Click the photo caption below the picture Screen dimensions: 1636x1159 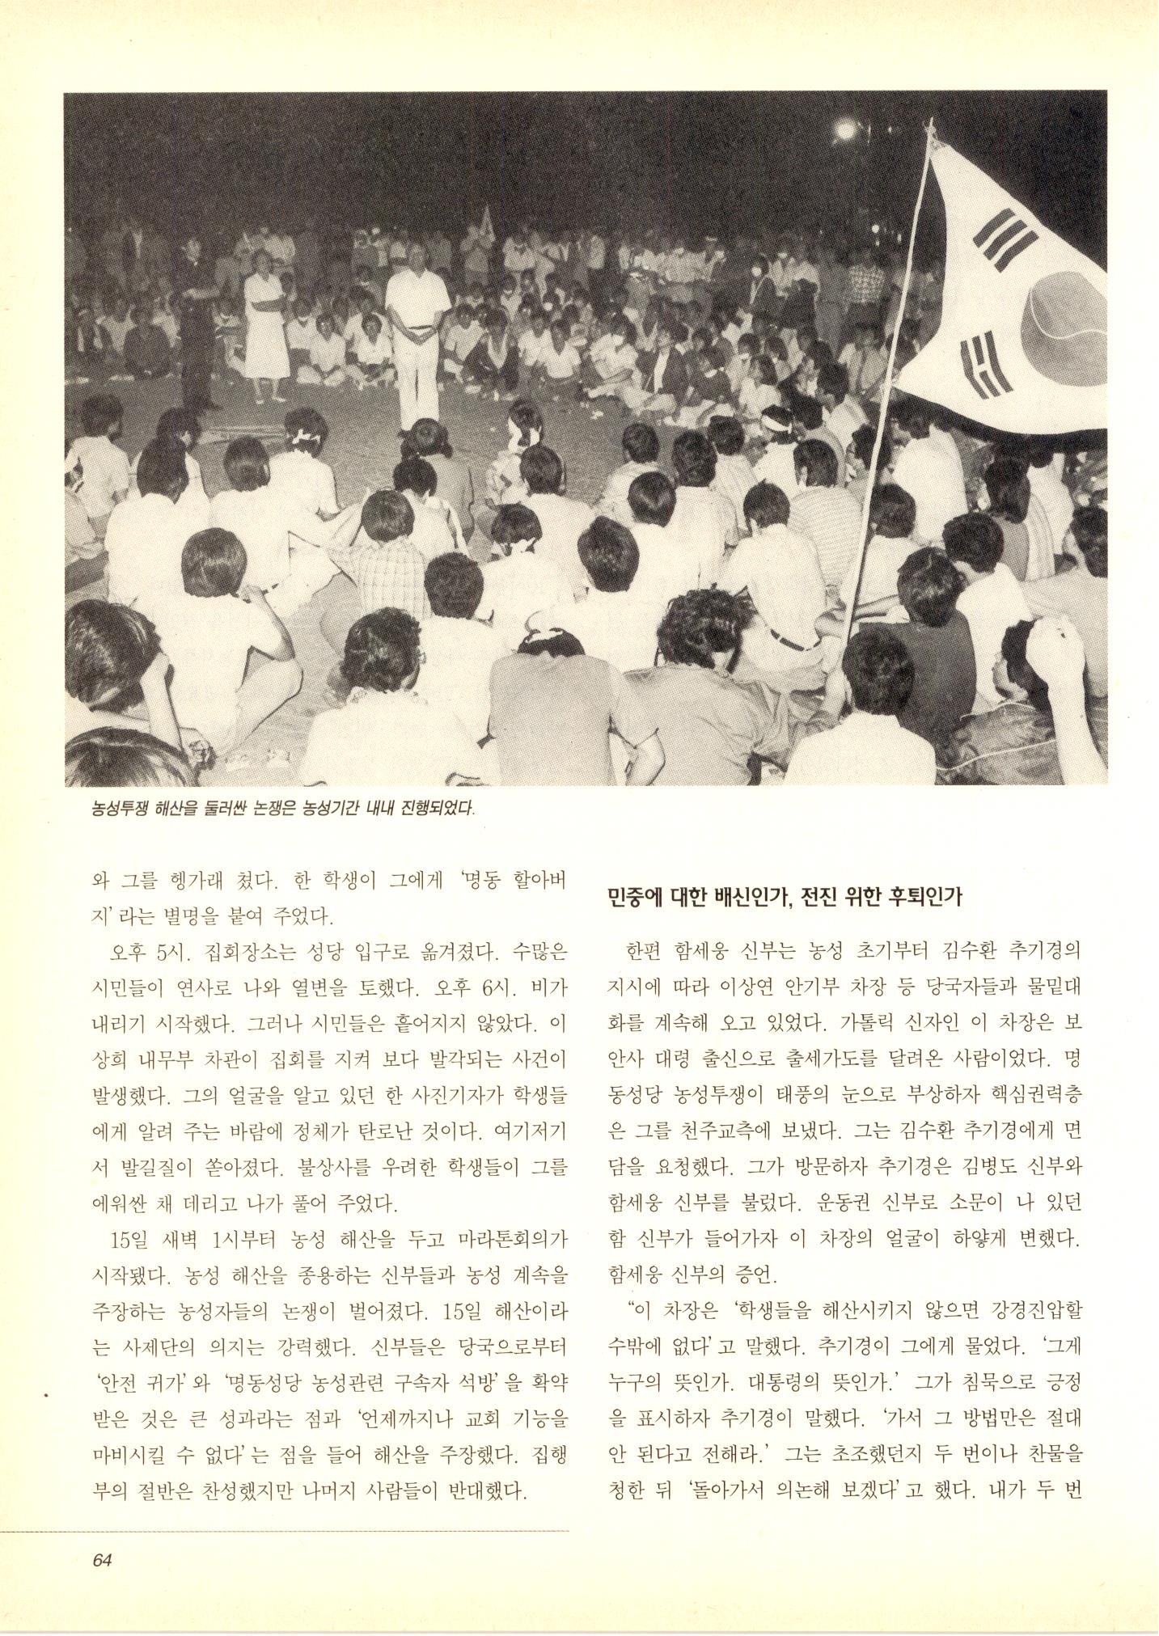(x=282, y=808)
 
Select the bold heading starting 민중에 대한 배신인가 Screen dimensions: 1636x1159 (x=784, y=897)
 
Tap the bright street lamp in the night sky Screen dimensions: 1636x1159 (x=846, y=129)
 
